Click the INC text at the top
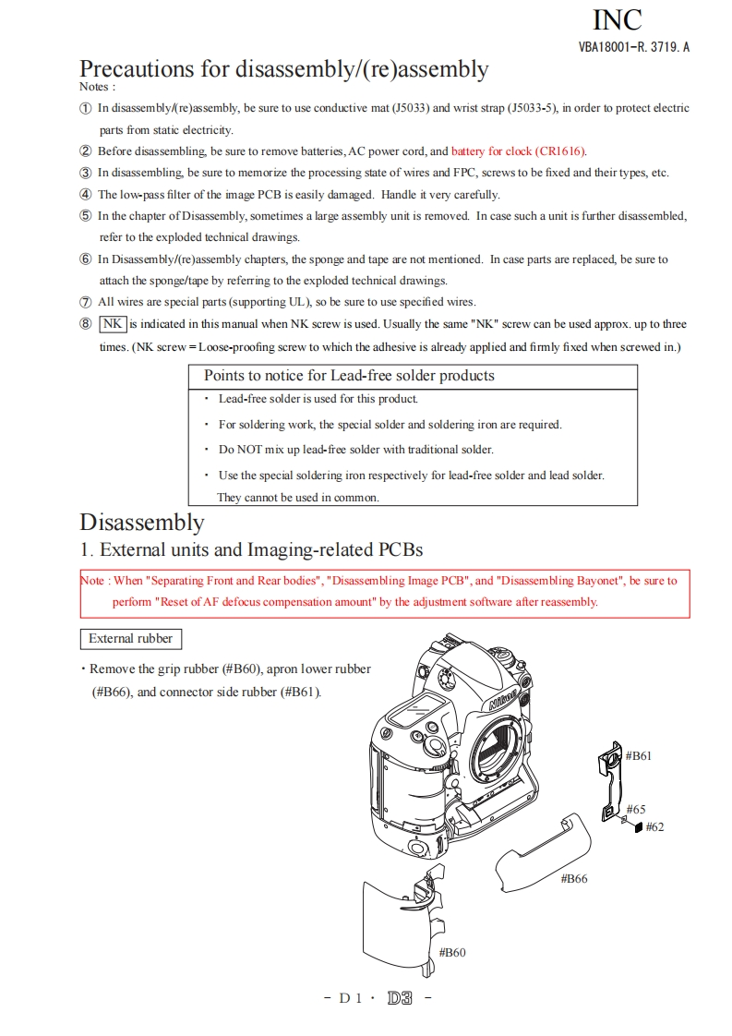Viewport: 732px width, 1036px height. click(x=617, y=18)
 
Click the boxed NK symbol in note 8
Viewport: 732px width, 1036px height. click(x=113, y=324)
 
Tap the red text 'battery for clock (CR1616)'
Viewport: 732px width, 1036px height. click(x=519, y=151)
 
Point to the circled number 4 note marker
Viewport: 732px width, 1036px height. click(x=86, y=195)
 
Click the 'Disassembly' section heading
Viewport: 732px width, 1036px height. click(x=141, y=522)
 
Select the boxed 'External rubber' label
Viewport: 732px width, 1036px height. click(x=130, y=638)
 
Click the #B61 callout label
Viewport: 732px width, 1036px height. click(x=639, y=755)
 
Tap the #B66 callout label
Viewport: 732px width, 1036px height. click(x=574, y=878)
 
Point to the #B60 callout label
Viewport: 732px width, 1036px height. click(x=451, y=952)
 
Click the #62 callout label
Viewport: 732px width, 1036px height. click(x=654, y=826)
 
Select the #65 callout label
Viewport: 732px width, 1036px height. click(x=636, y=809)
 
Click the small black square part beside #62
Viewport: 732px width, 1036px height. click(x=638, y=827)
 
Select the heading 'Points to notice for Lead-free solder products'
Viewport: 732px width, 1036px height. click(x=349, y=376)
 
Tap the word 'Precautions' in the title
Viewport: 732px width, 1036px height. click(x=136, y=69)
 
